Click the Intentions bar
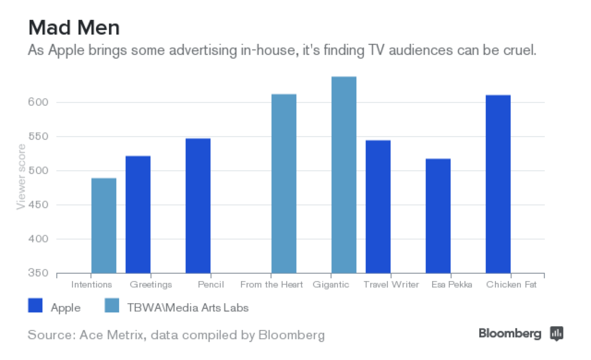[x=104, y=226]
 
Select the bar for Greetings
[x=138, y=215]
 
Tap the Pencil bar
[x=198, y=206]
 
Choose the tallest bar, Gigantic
[x=344, y=175]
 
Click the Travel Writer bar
[x=378, y=207]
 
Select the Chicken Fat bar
[x=498, y=184]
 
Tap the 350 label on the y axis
[x=39, y=273]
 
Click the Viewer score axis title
[x=21, y=177]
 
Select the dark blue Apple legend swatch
[x=36, y=306]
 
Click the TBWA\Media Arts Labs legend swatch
[x=112, y=306]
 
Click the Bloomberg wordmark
[x=510, y=333]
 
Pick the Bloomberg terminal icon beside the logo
[x=557, y=333]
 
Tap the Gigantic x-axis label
[x=331, y=284]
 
